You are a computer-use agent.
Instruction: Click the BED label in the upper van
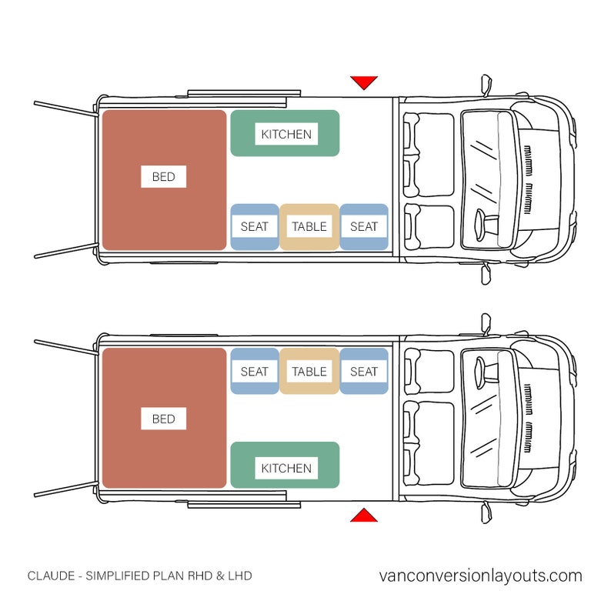click(163, 177)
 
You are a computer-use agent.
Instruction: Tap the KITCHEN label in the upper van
click(285, 134)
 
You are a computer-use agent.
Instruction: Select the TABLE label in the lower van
click(309, 372)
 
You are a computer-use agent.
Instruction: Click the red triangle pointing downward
click(363, 82)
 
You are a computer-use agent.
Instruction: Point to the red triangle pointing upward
click(363, 516)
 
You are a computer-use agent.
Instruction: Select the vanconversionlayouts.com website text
click(481, 576)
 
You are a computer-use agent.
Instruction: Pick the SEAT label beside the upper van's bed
click(254, 226)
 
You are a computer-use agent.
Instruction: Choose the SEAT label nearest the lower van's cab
click(363, 372)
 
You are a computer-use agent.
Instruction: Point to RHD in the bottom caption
click(196, 576)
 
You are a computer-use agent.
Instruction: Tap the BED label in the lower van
click(163, 419)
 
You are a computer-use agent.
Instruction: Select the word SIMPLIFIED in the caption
click(117, 576)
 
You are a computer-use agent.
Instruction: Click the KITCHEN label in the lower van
click(285, 468)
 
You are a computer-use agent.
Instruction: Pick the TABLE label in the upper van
click(309, 226)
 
